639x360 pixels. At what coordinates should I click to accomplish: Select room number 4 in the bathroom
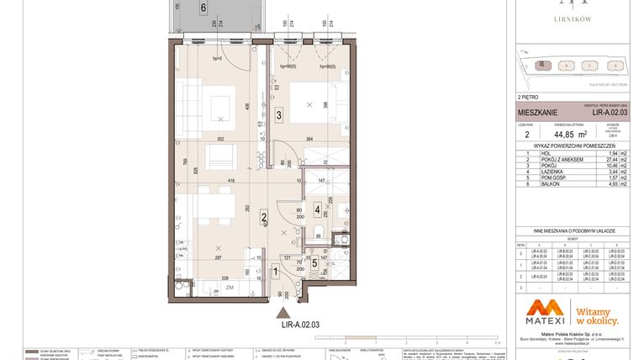coord(316,209)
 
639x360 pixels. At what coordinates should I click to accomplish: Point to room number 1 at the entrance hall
coord(277,272)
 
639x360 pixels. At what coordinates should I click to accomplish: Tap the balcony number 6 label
coord(203,9)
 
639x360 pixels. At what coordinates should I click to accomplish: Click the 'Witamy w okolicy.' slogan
coord(598,315)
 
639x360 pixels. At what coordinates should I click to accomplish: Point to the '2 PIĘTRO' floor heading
coord(531,98)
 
